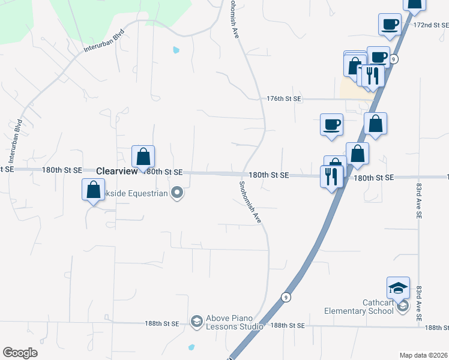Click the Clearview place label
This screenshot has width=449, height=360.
(117, 171)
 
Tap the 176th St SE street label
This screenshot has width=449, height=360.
(284, 98)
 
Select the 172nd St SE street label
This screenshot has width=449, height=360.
(431, 25)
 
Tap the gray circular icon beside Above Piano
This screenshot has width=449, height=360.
(196, 323)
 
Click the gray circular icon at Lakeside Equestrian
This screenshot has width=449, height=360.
(177, 193)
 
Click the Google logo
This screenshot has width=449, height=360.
(20, 353)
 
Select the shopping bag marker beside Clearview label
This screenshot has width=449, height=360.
(143, 158)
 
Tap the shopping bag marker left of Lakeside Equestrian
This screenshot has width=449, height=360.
(93, 190)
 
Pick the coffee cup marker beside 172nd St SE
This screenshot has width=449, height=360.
(390, 25)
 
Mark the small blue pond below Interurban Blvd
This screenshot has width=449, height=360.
(175, 50)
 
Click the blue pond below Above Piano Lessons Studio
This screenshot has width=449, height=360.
(191, 347)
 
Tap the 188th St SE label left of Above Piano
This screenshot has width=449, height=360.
(161, 323)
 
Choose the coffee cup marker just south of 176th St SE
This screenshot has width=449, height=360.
(331, 125)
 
